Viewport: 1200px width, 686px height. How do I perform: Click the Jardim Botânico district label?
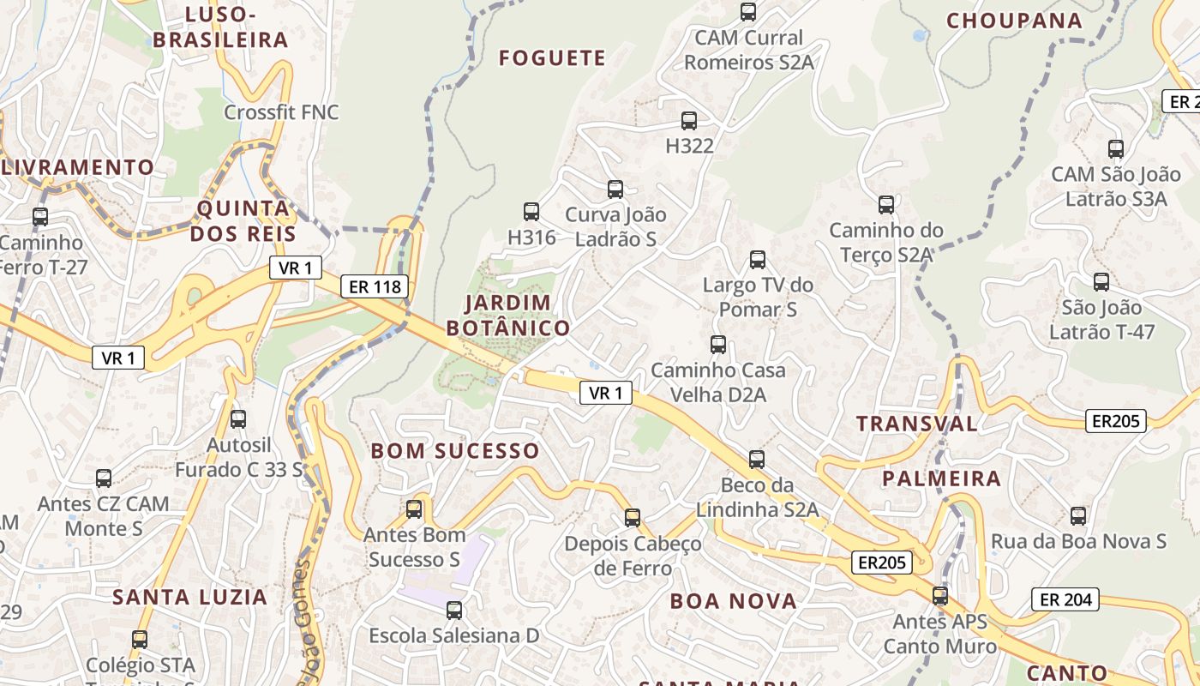(507, 315)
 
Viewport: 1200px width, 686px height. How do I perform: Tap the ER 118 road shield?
(375, 286)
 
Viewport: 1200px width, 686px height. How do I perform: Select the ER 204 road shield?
(1065, 599)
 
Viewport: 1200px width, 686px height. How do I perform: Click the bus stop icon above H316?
(531, 211)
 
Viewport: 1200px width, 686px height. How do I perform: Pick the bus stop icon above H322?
(689, 121)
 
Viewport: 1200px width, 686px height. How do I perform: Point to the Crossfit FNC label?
(281, 112)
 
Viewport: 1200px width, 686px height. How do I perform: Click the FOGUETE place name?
(552, 58)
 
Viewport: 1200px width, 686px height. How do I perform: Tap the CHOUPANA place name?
(1014, 21)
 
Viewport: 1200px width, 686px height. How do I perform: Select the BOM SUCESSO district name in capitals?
(454, 451)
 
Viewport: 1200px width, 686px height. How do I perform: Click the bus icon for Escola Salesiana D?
(454, 611)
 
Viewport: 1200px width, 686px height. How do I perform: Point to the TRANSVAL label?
(916, 424)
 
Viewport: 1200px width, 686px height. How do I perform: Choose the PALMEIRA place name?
(941, 478)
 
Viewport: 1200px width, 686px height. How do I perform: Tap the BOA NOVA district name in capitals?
(734, 601)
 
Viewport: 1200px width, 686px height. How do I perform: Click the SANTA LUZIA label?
(190, 597)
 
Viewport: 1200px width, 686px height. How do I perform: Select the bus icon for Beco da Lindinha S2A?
(757, 460)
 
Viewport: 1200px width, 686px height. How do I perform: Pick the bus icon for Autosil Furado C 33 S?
(238, 419)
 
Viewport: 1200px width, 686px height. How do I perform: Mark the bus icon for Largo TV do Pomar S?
(758, 260)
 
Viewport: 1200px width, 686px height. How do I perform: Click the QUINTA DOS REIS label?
(243, 221)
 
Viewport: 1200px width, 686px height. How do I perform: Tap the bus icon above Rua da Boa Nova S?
(1078, 516)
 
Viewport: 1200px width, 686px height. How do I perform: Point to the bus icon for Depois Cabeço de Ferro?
(633, 518)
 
